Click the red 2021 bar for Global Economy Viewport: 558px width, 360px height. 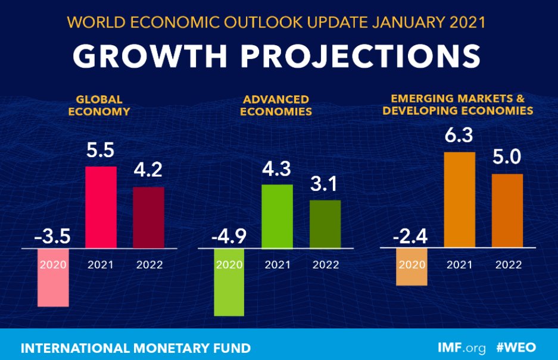coord(101,207)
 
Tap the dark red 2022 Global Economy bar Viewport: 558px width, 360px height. coord(148,218)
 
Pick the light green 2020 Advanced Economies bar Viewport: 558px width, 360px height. coord(229,286)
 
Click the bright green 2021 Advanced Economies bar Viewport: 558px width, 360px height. coord(278,217)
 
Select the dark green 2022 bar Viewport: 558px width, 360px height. coord(325,224)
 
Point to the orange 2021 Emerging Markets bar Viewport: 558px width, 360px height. coord(460,200)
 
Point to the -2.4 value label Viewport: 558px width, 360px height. coord(411,237)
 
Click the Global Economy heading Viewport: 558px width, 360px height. coord(99,105)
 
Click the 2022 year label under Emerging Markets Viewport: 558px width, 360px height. coord(507,265)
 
